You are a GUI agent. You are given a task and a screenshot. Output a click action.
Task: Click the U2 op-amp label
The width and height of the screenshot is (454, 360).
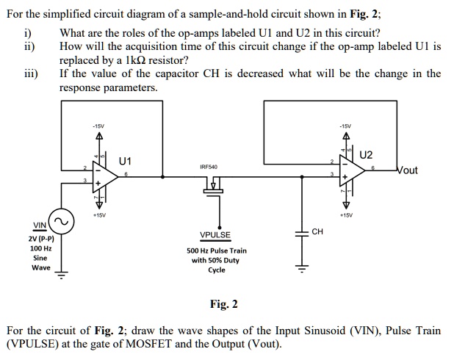(367, 155)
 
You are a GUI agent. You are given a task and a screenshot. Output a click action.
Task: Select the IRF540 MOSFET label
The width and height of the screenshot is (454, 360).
(208, 168)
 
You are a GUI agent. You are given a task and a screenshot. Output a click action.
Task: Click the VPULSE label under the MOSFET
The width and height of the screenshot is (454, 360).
(215, 235)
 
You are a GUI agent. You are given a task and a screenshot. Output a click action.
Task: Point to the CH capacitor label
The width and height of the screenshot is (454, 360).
(317, 231)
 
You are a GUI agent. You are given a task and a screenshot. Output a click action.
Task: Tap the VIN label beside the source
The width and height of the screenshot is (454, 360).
(39, 225)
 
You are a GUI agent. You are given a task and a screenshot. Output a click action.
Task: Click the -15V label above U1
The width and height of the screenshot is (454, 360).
(98, 125)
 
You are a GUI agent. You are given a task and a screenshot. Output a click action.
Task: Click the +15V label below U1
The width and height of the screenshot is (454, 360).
(98, 215)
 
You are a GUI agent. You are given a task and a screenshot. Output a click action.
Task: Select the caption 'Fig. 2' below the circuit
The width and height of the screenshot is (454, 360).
(224, 304)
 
